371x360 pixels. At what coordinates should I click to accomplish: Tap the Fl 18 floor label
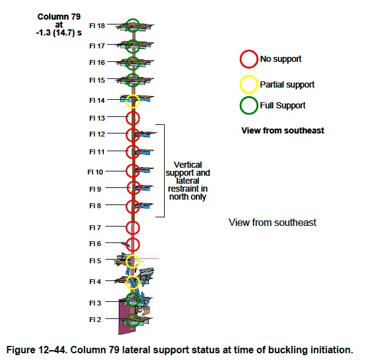(x=97, y=26)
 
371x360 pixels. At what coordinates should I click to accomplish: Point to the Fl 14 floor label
(x=97, y=100)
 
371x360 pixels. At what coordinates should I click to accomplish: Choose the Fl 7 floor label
(x=95, y=228)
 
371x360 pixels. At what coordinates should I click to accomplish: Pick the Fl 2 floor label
(x=95, y=320)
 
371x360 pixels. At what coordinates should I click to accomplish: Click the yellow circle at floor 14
(x=133, y=100)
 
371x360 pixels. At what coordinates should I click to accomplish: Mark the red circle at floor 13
(x=133, y=118)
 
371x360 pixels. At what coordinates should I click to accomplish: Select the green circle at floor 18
(x=133, y=26)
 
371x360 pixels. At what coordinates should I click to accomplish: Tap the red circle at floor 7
(x=133, y=228)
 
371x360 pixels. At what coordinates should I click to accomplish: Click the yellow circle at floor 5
(x=133, y=261)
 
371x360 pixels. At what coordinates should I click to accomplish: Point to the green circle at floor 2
(x=130, y=320)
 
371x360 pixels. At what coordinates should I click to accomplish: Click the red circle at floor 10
(x=133, y=171)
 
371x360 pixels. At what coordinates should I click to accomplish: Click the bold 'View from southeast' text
(x=283, y=130)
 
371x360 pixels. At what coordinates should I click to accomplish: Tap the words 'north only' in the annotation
(x=188, y=197)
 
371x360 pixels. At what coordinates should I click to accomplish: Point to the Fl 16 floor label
(x=97, y=62)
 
